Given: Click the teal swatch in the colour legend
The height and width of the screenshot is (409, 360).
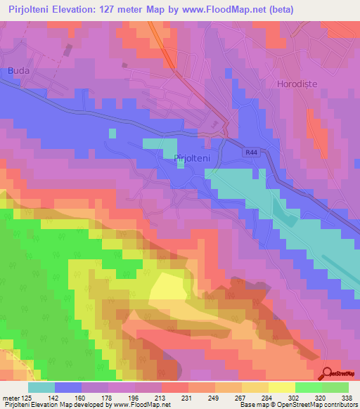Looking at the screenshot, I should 41,387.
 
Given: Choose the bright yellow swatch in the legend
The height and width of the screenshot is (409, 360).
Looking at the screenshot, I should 281,387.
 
